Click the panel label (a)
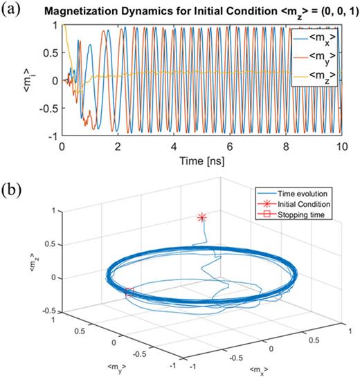12,9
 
